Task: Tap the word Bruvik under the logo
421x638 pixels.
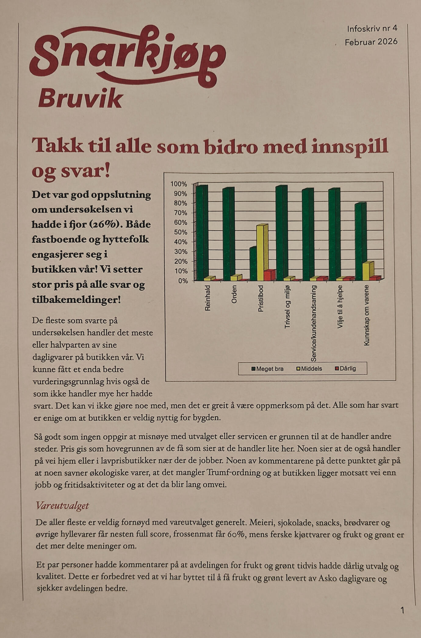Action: pos(81,99)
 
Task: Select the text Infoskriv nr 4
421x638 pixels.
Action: pos(372,29)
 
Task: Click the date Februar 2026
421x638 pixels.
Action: pos(371,42)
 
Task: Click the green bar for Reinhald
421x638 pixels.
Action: pos(200,233)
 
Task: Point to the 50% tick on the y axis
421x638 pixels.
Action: pos(181,232)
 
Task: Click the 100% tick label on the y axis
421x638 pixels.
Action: pos(179,184)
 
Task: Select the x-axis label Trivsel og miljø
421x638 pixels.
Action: pos(287,306)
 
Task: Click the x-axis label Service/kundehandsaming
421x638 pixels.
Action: pos(314,323)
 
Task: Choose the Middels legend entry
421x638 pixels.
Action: pos(309,369)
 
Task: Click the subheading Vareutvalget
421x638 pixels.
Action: pos(62,506)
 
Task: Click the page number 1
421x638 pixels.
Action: pos(402,610)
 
